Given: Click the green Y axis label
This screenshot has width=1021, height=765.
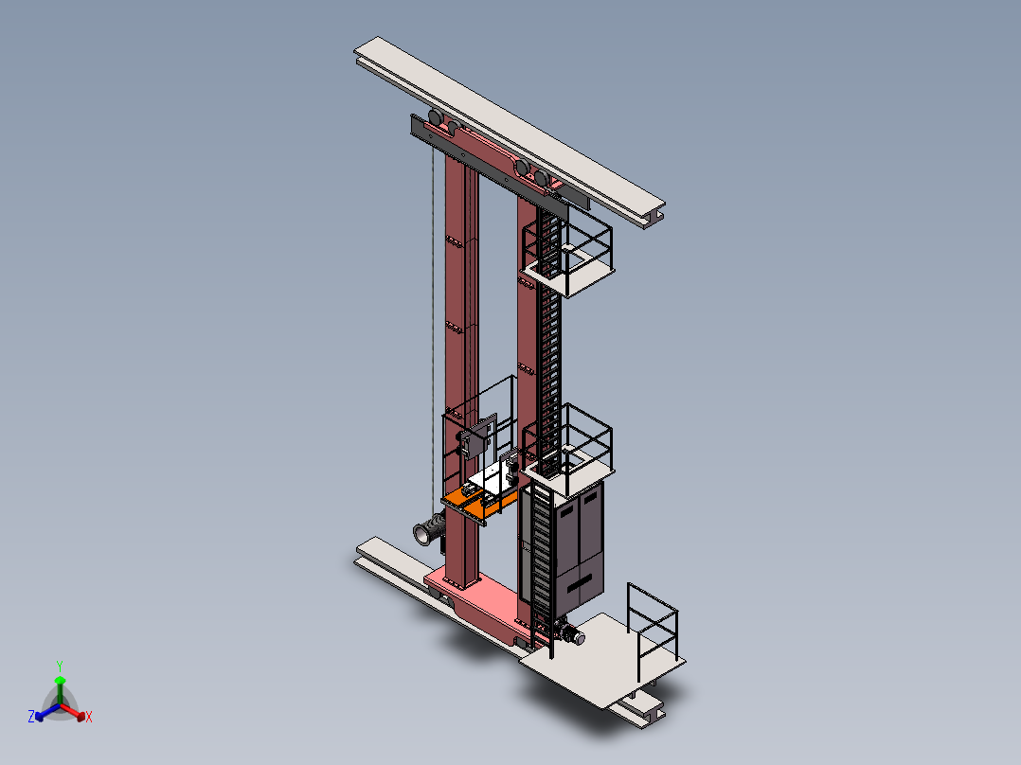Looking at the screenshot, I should (x=60, y=666).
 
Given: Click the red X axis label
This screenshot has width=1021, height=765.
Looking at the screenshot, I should (x=89, y=718).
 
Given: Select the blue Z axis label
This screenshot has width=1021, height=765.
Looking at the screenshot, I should (x=31, y=718).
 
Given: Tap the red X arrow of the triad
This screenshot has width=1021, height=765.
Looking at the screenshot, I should (x=76, y=712).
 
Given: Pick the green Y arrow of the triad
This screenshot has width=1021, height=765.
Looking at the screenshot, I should (x=60, y=685).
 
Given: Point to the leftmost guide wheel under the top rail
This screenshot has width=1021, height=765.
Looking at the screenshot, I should (x=434, y=117).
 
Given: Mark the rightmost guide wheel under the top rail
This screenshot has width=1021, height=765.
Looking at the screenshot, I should (x=542, y=177).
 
